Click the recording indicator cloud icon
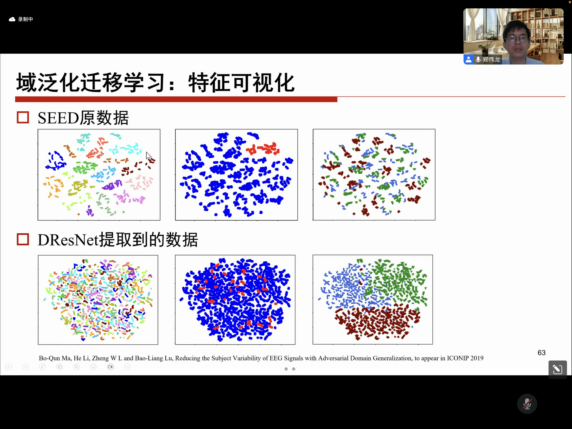(x=12, y=19)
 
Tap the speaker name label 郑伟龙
(x=491, y=59)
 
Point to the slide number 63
(x=541, y=353)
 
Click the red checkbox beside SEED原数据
(x=23, y=118)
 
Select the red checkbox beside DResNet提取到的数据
(x=23, y=239)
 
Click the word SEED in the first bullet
(x=58, y=118)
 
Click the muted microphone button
(x=527, y=404)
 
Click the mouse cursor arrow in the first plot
(x=148, y=156)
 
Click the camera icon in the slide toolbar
(x=110, y=367)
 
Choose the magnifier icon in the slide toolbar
(x=77, y=367)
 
